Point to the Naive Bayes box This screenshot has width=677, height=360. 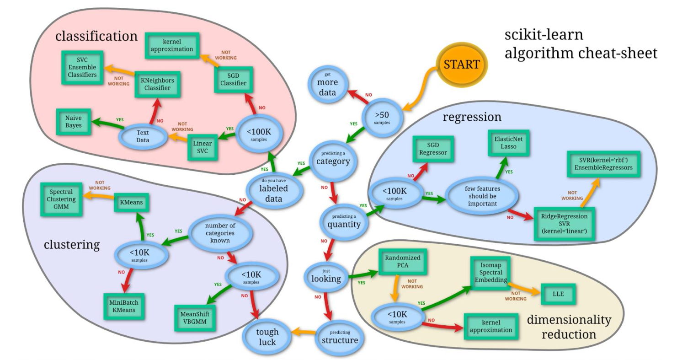[x=73, y=121]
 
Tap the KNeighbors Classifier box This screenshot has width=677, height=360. [x=157, y=84]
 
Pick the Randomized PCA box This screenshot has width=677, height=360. [x=403, y=264]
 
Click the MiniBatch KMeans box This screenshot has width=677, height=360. [x=123, y=306]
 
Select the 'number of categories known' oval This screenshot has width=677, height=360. [x=221, y=232]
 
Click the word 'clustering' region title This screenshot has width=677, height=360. [x=72, y=245]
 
